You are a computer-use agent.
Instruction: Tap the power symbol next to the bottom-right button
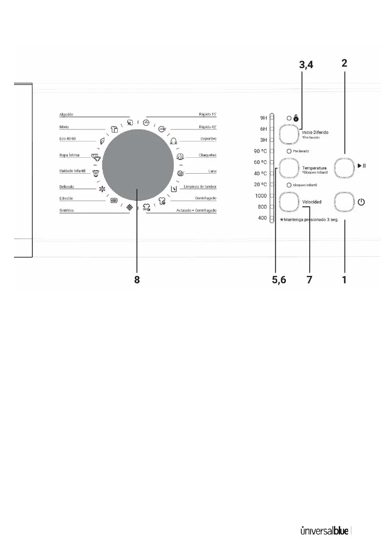point(361,203)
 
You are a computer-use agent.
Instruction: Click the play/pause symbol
point(361,166)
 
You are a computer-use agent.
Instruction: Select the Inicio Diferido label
point(315,133)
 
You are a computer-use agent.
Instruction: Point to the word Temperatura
point(314,168)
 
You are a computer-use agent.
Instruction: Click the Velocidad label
point(312,202)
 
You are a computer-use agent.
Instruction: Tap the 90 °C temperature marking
point(261,151)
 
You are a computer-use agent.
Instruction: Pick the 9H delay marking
point(263,118)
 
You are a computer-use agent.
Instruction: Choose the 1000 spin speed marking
point(261,196)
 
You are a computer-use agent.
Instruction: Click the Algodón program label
point(67,114)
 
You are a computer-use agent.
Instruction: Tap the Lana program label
point(212,171)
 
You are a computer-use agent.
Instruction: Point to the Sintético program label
point(67,211)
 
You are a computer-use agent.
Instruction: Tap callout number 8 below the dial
point(137,280)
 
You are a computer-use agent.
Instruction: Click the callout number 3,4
point(306,66)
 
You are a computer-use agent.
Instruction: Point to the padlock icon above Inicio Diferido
point(296,119)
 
